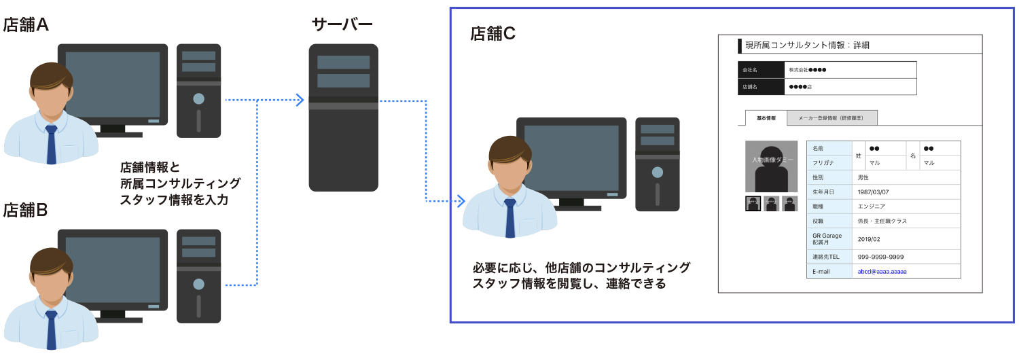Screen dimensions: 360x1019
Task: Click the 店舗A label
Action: click(x=26, y=25)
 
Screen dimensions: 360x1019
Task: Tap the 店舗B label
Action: click(x=25, y=210)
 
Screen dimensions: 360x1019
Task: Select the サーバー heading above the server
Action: click(x=342, y=25)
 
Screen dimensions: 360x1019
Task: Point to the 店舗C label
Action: click(x=493, y=34)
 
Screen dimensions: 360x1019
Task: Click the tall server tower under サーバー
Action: click(x=343, y=118)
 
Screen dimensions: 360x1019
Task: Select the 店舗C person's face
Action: click(x=509, y=173)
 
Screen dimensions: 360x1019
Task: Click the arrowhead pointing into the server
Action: click(x=299, y=101)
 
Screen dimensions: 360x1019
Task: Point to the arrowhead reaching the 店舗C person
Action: click(x=461, y=201)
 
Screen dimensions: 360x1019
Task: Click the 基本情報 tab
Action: click(x=766, y=118)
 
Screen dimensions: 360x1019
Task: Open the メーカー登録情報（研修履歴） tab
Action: click(x=832, y=118)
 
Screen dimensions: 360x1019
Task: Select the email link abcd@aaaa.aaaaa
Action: click(x=882, y=272)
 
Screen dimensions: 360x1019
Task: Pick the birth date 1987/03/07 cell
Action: click(x=872, y=192)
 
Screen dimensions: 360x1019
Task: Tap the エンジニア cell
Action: click(x=871, y=206)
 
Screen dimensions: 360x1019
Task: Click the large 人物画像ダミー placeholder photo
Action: click(x=771, y=166)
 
